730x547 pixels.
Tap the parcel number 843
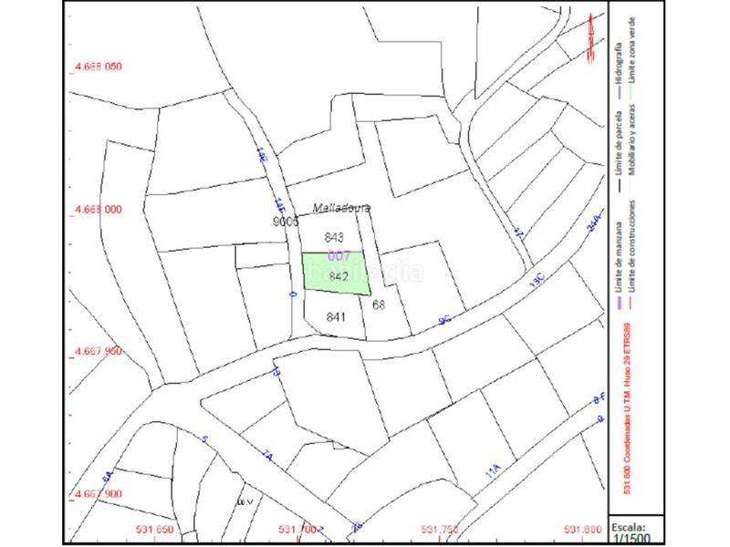[334, 237]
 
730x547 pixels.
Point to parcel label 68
[380, 304]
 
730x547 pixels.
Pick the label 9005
[286, 222]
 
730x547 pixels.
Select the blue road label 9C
[445, 319]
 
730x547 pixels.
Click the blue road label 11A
[494, 470]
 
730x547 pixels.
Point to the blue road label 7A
[267, 456]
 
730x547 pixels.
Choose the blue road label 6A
[107, 476]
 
